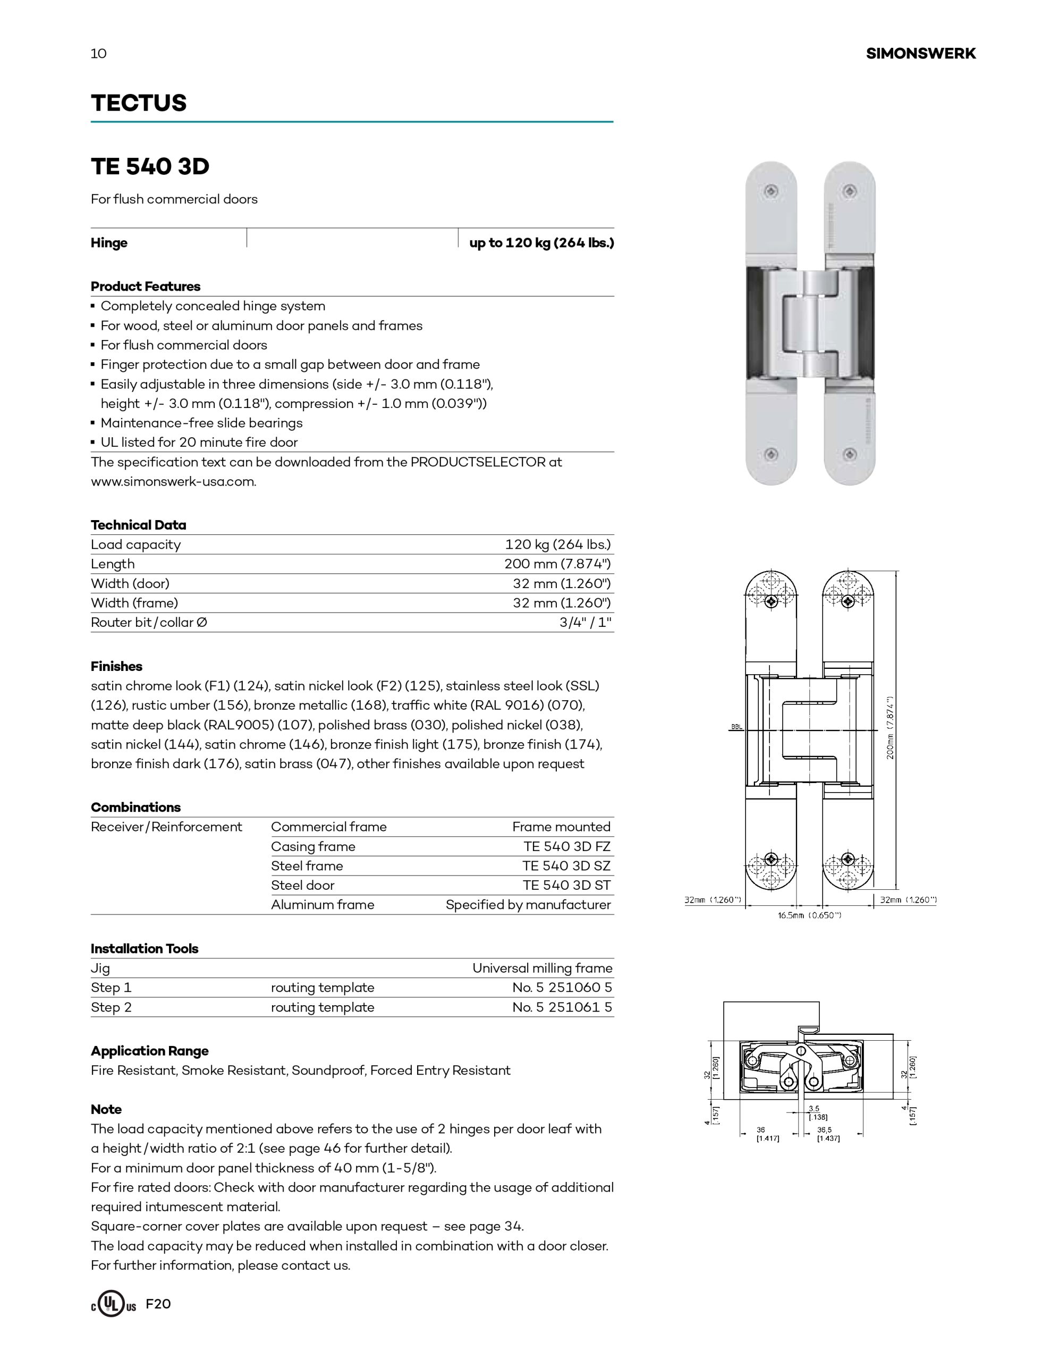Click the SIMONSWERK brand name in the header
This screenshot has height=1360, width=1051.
click(x=920, y=54)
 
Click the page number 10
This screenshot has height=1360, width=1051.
click(x=98, y=54)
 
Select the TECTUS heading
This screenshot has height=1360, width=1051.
click(x=138, y=103)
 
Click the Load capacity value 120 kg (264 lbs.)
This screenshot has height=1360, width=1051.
click(x=557, y=544)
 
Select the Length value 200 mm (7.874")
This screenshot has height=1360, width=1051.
click(x=557, y=564)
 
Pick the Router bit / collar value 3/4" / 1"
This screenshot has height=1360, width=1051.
click(x=585, y=622)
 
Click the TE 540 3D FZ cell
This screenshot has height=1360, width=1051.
click(x=566, y=846)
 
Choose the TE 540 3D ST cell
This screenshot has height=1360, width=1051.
click(x=566, y=885)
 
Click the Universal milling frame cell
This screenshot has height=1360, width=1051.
click(x=542, y=968)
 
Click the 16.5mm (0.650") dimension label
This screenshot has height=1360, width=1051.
click(x=809, y=915)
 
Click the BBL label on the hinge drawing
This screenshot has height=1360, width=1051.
click(x=736, y=727)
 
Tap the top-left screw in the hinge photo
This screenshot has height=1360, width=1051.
click(x=772, y=191)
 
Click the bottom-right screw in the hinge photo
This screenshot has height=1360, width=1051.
click(x=849, y=455)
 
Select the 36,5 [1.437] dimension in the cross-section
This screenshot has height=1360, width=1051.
click(x=828, y=1134)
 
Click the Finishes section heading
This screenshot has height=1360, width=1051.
click(x=116, y=666)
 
